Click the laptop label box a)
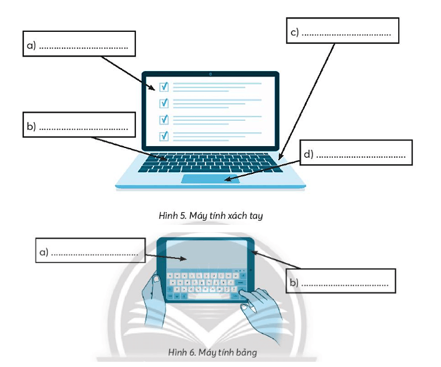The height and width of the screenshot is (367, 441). (79, 44)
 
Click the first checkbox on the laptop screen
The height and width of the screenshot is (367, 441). (164, 87)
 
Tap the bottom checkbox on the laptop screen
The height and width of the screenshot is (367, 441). (164, 136)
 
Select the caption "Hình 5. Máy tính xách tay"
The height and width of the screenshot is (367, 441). (211, 216)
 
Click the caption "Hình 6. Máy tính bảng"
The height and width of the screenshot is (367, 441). (212, 351)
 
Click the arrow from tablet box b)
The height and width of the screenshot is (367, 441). (277, 260)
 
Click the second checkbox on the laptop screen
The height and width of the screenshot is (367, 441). (164, 103)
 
